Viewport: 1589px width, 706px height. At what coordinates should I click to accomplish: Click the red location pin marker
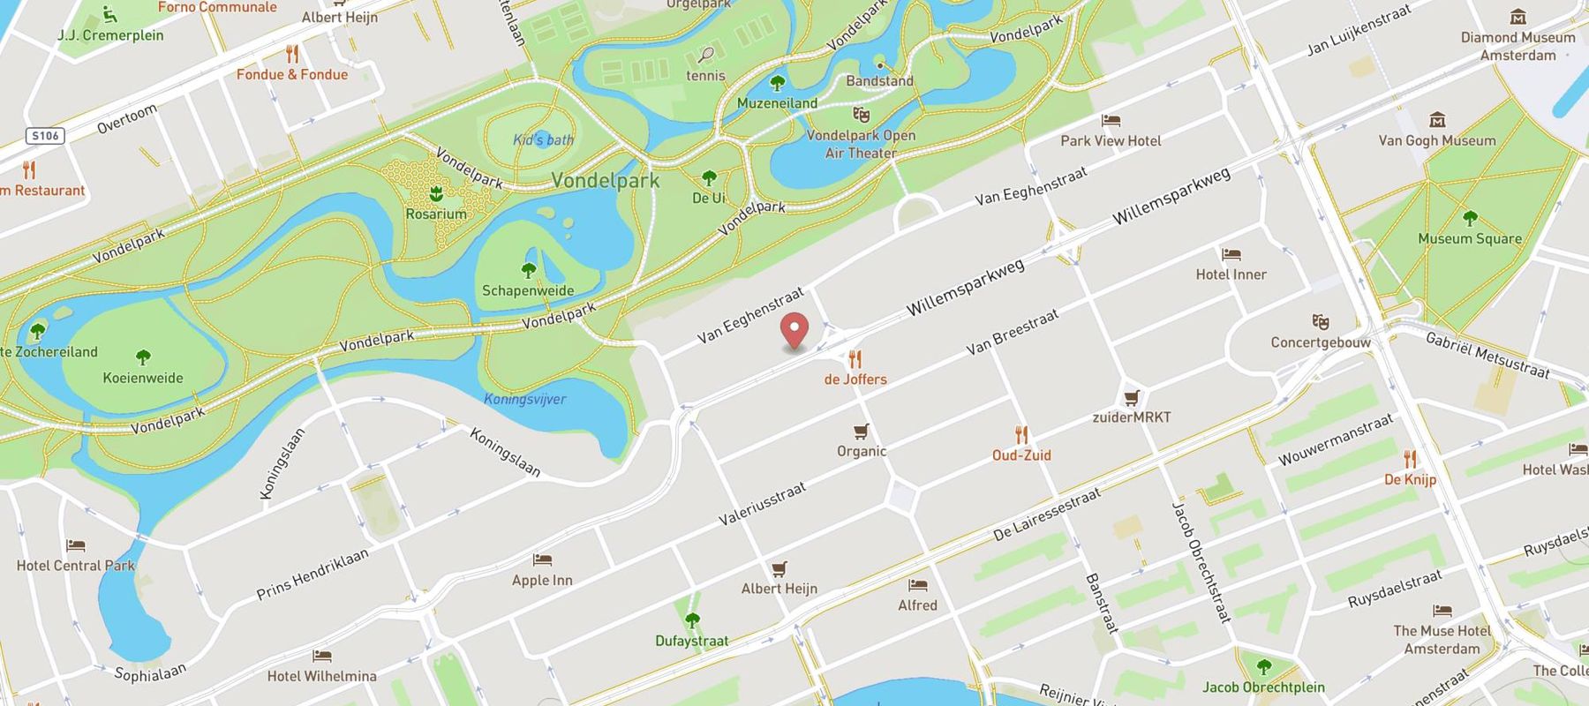pyautogui.click(x=795, y=331)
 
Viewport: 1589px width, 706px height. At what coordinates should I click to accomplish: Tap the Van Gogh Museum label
pyautogui.click(x=1436, y=140)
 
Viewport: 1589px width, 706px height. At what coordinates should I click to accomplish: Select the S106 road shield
pyautogui.click(x=45, y=135)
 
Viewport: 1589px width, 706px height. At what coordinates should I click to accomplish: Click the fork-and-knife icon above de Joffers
pyautogui.click(x=855, y=359)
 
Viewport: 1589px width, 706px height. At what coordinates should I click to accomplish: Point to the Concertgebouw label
pyautogui.click(x=1321, y=342)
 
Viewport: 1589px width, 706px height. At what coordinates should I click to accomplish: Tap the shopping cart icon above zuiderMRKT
pyautogui.click(x=1132, y=397)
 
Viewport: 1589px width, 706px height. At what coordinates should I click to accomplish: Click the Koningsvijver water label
pyautogui.click(x=525, y=399)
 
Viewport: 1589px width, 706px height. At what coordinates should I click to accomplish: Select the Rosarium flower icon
pyautogui.click(x=435, y=193)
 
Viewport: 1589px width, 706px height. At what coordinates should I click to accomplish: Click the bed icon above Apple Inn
pyautogui.click(x=542, y=560)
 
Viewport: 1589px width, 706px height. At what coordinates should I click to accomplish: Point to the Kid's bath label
pyautogui.click(x=543, y=139)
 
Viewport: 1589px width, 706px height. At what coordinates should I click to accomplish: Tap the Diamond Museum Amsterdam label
pyautogui.click(x=1517, y=46)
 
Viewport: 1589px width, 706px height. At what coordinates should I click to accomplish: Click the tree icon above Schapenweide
pyautogui.click(x=529, y=270)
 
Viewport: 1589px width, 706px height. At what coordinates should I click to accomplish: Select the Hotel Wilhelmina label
pyautogui.click(x=321, y=676)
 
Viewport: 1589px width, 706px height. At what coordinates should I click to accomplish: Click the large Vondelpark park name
pyautogui.click(x=606, y=180)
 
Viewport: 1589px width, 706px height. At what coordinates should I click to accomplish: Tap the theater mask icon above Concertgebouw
pyautogui.click(x=1321, y=322)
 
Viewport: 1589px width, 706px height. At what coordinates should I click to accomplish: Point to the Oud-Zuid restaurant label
pyautogui.click(x=1021, y=455)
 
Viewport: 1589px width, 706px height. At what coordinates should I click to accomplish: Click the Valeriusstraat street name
pyautogui.click(x=762, y=505)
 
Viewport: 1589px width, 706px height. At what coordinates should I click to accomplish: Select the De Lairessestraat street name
pyautogui.click(x=1047, y=515)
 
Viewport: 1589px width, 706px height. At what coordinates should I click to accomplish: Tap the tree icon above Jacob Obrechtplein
pyautogui.click(x=1263, y=666)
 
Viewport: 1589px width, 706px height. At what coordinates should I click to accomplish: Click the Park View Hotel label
pyautogui.click(x=1111, y=140)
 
